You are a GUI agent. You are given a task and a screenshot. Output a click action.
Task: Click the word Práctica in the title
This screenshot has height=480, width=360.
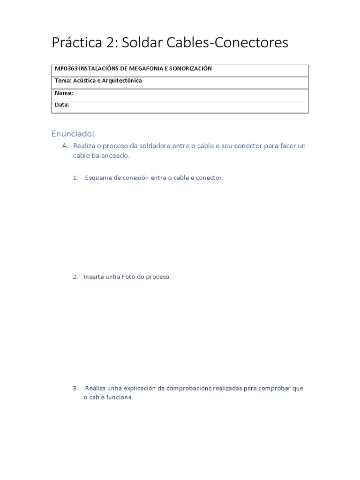pyautogui.click(x=77, y=43)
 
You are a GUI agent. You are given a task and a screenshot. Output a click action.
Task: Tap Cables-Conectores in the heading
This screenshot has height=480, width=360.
pyautogui.click(x=227, y=43)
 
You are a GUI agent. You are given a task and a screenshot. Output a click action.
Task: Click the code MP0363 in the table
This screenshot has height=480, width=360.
pyautogui.click(x=66, y=69)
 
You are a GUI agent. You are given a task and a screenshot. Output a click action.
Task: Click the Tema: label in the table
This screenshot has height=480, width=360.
pyautogui.click(x=63, y=81)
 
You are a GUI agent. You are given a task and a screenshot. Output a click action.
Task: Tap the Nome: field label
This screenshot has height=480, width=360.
pyautogui.click(x=64, y=93)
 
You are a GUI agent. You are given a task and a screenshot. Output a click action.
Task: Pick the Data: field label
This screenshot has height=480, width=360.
pyautogui.click(x=62, y=105)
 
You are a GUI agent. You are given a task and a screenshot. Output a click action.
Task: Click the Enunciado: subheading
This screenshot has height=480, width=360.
pyautogui.click(x=73, y=134)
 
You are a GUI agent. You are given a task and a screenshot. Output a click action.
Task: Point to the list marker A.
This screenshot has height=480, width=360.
pyautogui.click(x=65, y=146)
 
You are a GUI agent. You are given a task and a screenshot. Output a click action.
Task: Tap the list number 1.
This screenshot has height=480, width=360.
pyautogui.click(x=75, y=178)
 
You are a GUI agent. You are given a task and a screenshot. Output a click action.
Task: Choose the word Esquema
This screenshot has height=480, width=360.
pyautogui.click(x=98, y=178)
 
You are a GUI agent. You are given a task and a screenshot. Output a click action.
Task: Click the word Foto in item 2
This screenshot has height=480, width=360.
pyautogui.click(x=128, y=277)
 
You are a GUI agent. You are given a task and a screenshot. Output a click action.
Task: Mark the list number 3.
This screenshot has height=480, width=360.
pyautogui.click(x=75, y=389)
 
